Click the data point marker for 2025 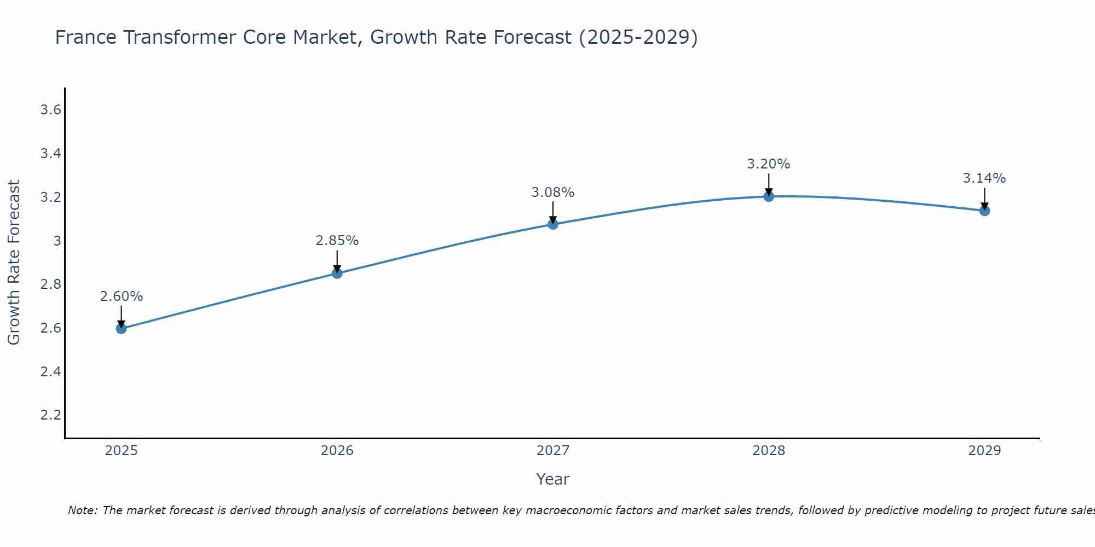pos(122,329)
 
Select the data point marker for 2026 pos(337,273)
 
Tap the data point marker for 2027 pos(553,224)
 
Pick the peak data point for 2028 pos(769,196)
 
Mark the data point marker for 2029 pos(984,211)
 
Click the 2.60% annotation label pos(122,296)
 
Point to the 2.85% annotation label pos(337,241)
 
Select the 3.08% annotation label pos(553,193)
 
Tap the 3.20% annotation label pos(769,164)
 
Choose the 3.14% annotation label pos(984,178)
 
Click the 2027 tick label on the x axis pos(553,451)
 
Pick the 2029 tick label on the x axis pos(984,451)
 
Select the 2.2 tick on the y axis pos(50,415)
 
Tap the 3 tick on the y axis pos(57,241)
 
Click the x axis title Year pos(553,479)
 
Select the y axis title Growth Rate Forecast pos(14,263)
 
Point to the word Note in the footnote pos(82,510)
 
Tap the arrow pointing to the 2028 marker pos(769,185)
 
